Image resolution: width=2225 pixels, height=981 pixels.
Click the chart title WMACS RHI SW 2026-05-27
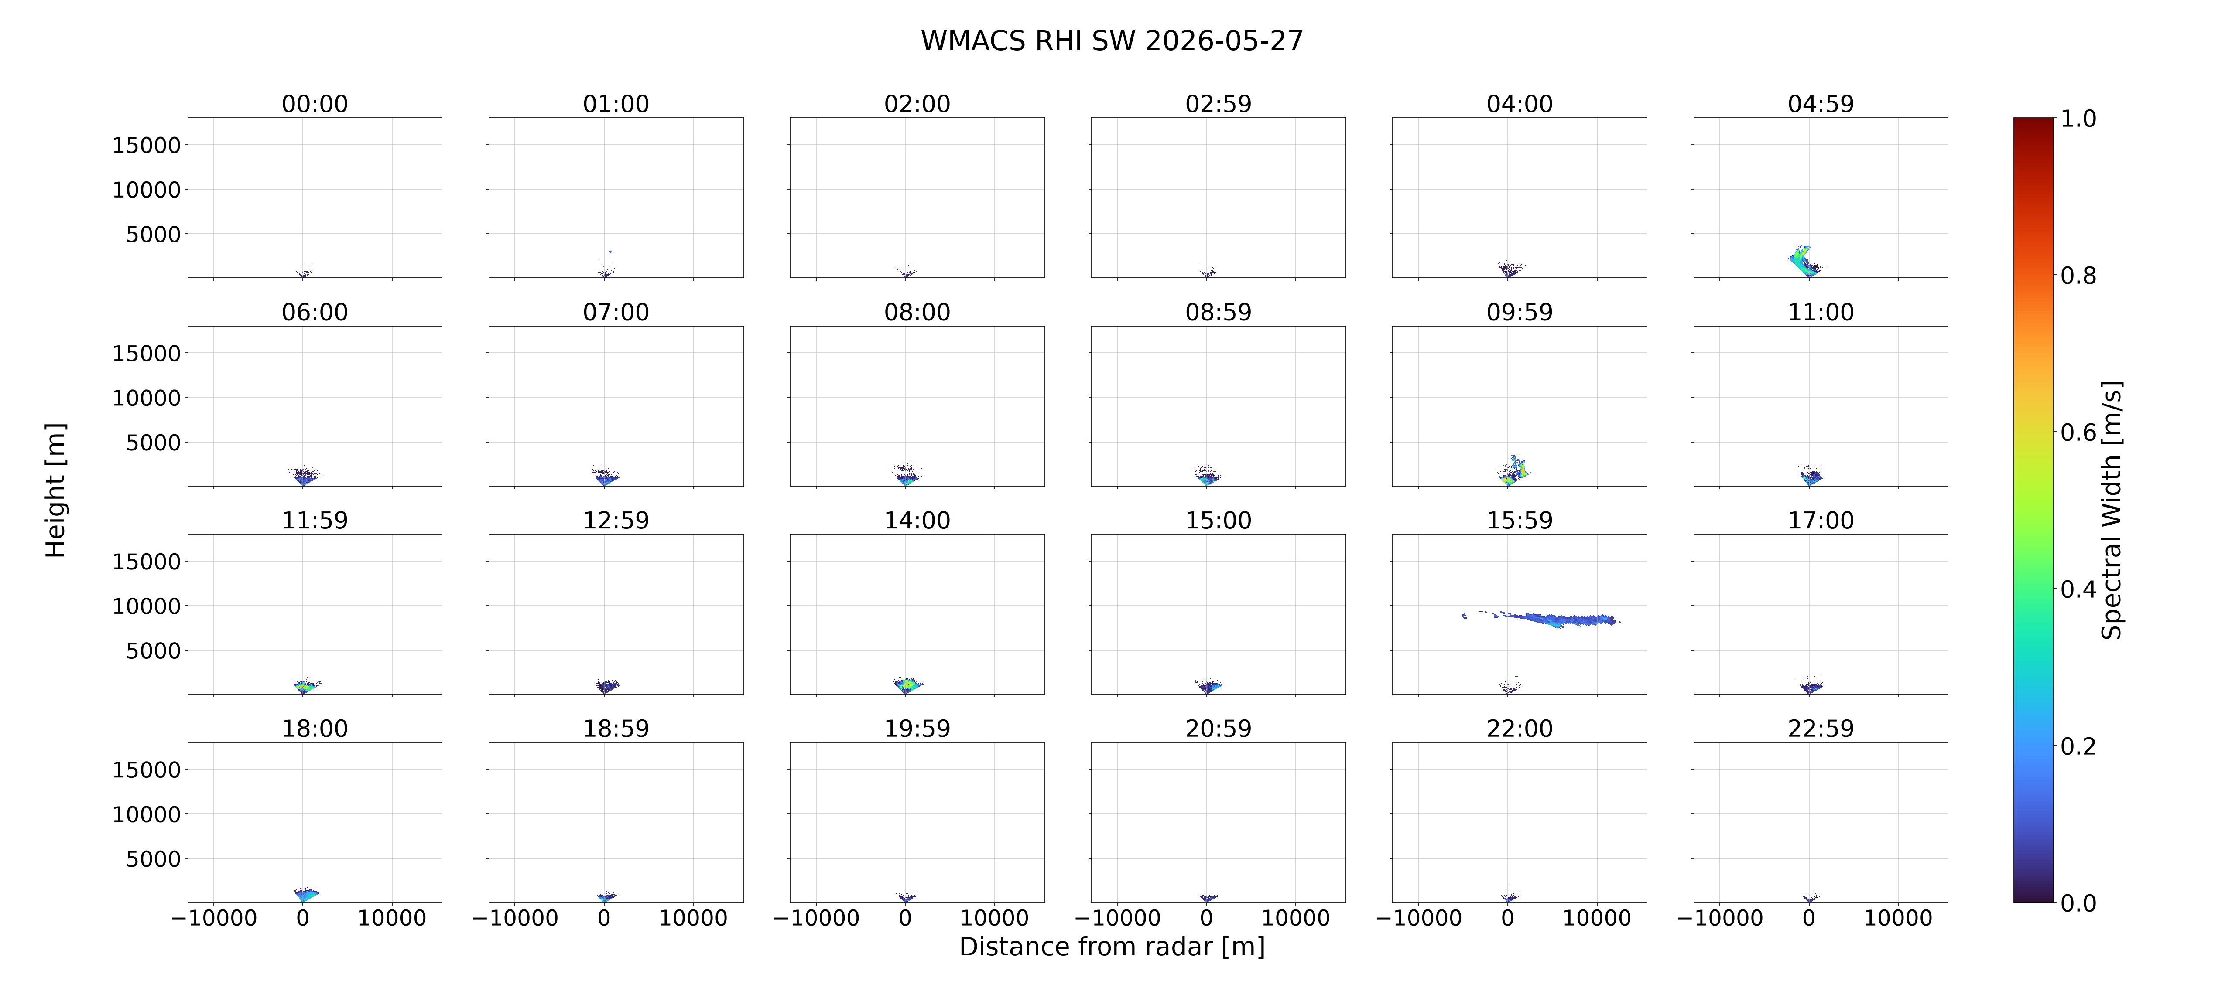coord(1112,41)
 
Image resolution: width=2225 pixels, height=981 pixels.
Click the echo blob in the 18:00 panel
coord(306,895)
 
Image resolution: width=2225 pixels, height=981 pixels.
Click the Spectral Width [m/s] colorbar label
coord(2111,511)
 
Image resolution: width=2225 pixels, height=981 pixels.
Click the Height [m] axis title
coord(55,490)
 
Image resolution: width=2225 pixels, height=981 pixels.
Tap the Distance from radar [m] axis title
coord(1112,947)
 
